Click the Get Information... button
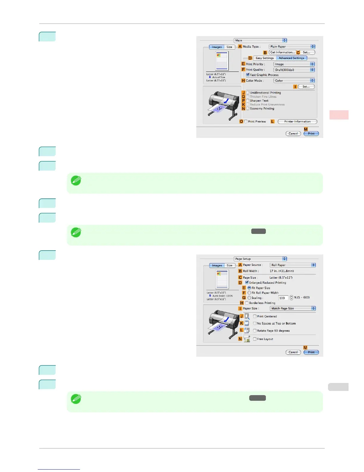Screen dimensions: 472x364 (282, 52)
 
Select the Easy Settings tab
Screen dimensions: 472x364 (264, 58)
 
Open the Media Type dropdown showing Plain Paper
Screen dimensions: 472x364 (292, 47)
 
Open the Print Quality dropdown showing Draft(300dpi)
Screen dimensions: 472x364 (294, 70)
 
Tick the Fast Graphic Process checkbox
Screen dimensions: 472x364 (248, 75)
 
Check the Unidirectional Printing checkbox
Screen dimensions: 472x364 (248, 93)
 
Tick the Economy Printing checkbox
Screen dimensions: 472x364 (248, 108)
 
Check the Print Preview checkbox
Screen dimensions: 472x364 (246, 122)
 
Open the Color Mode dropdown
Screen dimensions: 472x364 (294, 80)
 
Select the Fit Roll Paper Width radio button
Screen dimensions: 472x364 (249, 293)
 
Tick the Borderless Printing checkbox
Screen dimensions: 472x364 (247, 303)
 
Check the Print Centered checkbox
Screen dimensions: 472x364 (255, 316)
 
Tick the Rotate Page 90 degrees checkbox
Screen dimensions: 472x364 (255, 330)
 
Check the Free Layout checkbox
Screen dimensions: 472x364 (255, 339)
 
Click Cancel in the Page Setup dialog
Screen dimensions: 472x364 (293, 352)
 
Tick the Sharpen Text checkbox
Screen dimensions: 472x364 (248, 100)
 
